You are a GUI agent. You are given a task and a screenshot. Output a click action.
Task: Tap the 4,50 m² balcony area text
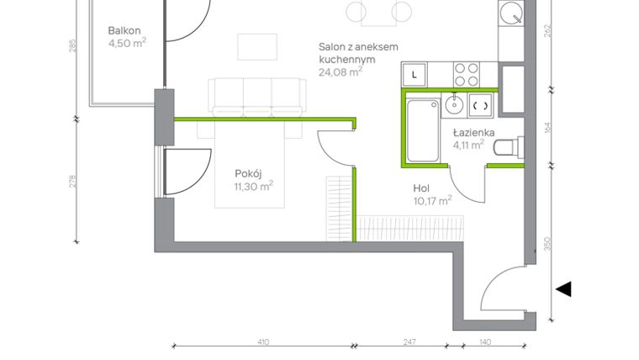point(127,45)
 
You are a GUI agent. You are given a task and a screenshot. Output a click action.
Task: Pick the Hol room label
point(423,188)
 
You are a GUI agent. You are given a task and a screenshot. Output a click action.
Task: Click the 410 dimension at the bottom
point(262,343)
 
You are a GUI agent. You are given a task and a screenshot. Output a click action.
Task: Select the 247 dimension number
point(409,343)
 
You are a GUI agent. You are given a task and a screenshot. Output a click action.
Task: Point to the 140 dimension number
point(485,343)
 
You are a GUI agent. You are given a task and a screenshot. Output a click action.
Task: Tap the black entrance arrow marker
point(563,289)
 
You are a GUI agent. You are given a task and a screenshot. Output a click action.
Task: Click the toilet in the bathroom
point(505,150)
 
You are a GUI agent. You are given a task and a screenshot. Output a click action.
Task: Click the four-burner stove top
point(467,73)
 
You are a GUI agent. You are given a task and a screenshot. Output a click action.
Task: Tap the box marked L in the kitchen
point(415,75)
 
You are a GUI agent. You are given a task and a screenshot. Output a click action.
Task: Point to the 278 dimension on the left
point(73,181)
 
